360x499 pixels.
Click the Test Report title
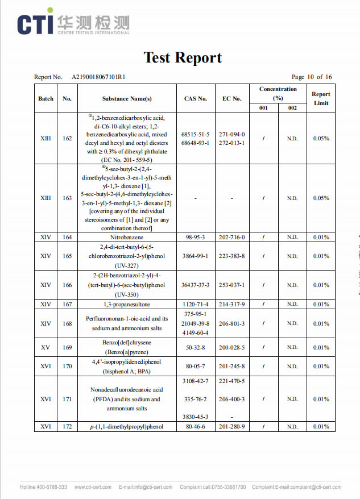[182, 57]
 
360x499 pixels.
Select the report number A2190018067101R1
[98, 77]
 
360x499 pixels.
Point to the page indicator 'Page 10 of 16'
[311, 77]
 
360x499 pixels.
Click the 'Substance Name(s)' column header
[127, 98]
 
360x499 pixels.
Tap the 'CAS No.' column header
[196, 98]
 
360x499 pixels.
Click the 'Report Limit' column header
[321, 98]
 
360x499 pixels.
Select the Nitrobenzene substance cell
[127, 237]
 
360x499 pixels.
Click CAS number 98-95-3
[196, 237]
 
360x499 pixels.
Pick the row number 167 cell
[67, 304]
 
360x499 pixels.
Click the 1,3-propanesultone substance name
[127, 304]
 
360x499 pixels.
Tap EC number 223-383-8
[232, 256]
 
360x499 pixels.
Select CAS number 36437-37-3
[196, 285]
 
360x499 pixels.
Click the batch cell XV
[45, 347]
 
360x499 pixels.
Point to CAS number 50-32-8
[196, 347]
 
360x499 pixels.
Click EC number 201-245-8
[232, 366]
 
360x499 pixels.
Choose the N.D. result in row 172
[292, 427]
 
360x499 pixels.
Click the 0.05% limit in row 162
[321, 138]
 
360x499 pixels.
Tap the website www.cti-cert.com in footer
[93, 487]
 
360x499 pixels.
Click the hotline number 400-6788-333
[52, 487]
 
